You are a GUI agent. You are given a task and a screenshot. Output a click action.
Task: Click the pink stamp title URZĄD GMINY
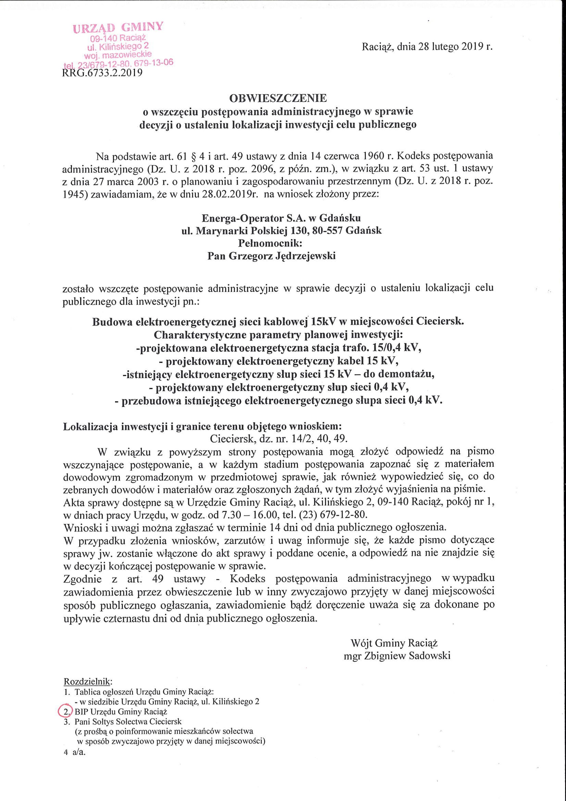click(x=118, y=28)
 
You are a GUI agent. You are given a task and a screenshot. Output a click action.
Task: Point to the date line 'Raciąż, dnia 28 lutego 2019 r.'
click(x=427, y=47)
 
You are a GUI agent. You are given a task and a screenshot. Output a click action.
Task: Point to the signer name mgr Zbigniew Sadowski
click(x=397, y=656)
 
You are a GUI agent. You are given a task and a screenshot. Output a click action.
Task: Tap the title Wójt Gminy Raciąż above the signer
click(x=394, y=643)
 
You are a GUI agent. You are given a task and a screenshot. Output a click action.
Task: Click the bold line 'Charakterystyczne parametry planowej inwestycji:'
click(x=278, y=335)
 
